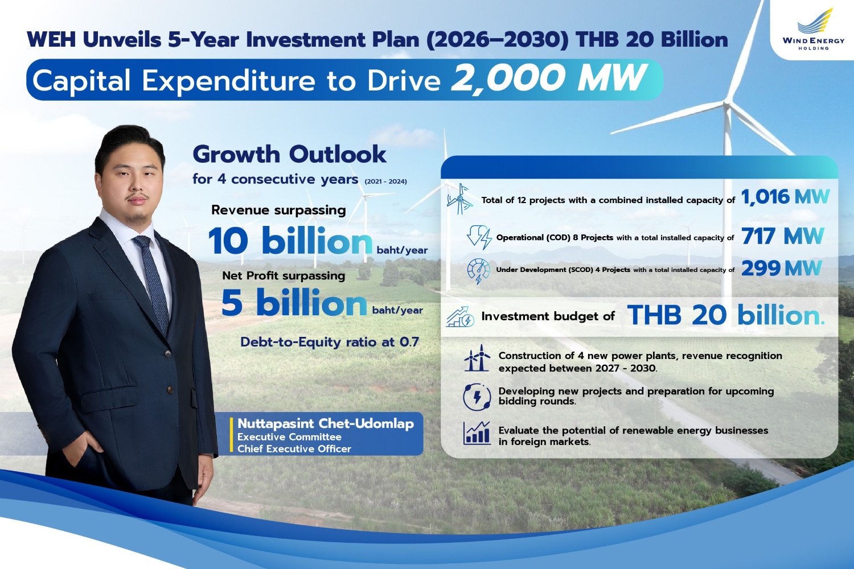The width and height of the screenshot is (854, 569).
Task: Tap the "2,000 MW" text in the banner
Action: [x=548, y=78]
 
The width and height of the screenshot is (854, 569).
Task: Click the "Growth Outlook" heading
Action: [x=289, y=154]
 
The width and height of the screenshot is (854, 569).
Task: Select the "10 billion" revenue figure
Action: [x=290, y=241]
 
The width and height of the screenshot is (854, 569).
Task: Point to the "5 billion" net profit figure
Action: [x=294, y=302]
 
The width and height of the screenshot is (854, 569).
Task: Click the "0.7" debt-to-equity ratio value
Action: [x=409, y=342]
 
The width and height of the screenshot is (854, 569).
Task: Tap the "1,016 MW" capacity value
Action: [x=785, y=197]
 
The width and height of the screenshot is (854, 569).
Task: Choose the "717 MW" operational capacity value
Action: [x=783, y=236]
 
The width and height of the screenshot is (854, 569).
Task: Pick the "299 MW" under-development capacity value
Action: [x=782, y=269]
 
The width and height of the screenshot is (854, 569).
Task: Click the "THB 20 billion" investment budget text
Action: [x=725, y=315]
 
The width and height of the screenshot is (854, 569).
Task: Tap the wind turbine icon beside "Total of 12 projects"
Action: [x=460, y=199]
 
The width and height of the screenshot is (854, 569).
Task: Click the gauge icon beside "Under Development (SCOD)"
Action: [x=478, y=271]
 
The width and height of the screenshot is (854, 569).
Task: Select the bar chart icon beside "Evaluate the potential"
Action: [x=477, y=433]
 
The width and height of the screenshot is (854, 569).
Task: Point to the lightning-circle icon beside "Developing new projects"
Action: [x=477, y=397]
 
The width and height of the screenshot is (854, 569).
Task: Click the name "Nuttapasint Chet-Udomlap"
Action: [x=326, y=423]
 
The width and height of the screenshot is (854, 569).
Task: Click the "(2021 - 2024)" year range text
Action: [x=385, y=182]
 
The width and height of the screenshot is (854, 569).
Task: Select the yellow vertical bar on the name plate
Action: [x=231, y=435]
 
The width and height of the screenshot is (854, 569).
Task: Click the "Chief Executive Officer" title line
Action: [x=294, y=449]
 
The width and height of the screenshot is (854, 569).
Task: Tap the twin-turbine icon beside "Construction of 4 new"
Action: [x=477, y=358]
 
